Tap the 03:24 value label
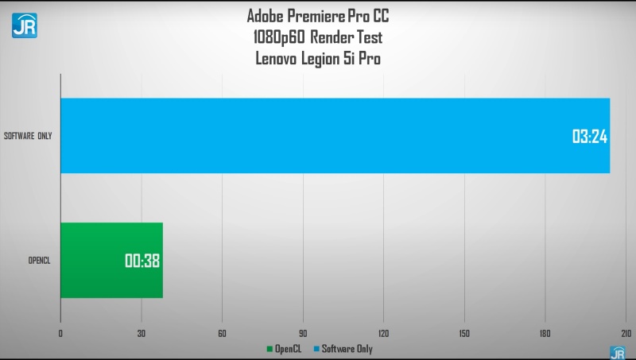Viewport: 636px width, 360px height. (x=590, y=136)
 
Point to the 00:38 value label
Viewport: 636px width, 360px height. (x=143, y=261)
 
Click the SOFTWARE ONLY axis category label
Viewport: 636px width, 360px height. (x=28, y=136)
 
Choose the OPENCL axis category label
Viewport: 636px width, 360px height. (x=39, y=261)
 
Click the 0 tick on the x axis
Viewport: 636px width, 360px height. (x=60, y=333)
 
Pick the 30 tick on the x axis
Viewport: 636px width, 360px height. (x=142, y=333)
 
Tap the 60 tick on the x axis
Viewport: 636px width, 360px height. (x=222, y=333)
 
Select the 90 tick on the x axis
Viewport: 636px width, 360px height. (x=303, y=333)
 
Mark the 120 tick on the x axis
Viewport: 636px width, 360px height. (x=383, y=333)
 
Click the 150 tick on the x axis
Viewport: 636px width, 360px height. (x=464, y=333)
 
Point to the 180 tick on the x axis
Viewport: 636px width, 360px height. (x=545, y=333)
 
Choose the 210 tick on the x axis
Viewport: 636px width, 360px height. (x=625, y=333)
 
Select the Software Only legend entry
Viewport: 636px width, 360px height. (x=343, y=349)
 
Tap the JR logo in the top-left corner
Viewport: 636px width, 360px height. (x=24, y=24)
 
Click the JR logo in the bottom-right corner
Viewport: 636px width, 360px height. (x=617, y=352)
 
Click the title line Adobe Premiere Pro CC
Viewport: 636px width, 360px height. (x=320, y=17)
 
